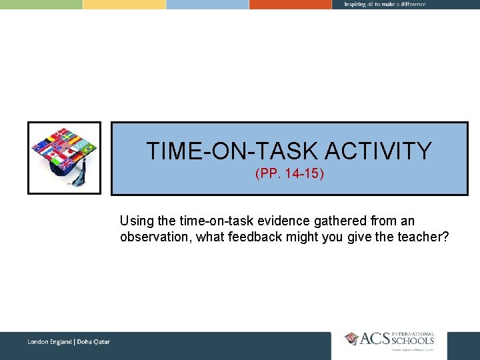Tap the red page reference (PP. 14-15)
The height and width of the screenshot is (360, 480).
[x=289, y=175]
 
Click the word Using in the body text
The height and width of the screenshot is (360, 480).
[x=136, y=221]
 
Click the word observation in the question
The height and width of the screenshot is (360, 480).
[x=154, y=237]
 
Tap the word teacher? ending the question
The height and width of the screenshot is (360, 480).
[x=423, y=237]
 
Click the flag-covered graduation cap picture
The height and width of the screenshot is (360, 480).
[x=64, y=157]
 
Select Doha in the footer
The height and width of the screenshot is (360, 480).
[x=86, y=342]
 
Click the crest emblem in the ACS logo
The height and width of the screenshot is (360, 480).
[x=351, y=339]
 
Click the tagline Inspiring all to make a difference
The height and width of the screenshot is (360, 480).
[x=385, y=4]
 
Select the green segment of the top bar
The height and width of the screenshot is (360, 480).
[x=41, y=4]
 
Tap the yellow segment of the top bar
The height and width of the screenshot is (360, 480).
[x=124, y=4]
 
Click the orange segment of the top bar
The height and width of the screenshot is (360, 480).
[x=290, y=4]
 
